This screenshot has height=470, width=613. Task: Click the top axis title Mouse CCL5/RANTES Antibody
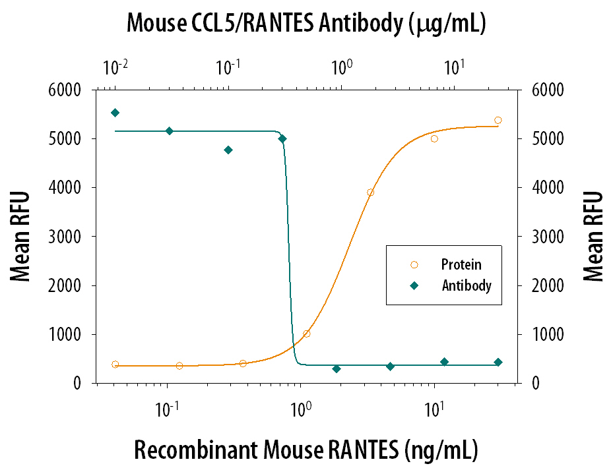[x=306, y=24]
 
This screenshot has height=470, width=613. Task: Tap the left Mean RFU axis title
[x=22, y=236]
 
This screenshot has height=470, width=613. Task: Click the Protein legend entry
[x=461, y=265]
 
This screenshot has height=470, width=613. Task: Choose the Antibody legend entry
[x=467, y=286]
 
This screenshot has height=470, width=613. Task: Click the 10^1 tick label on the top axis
[x=453, y=67]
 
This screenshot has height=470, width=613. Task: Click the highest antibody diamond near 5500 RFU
[x=115, y=113]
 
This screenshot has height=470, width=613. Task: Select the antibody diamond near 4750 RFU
[x=228, y=150]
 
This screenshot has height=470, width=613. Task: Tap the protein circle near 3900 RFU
[x=371, y=192]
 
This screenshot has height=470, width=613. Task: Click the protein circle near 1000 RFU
[x=306, y=334]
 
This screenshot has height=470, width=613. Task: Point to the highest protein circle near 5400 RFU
[x=498, y=120]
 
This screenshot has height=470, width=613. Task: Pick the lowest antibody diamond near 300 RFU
[x=337, y=369]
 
